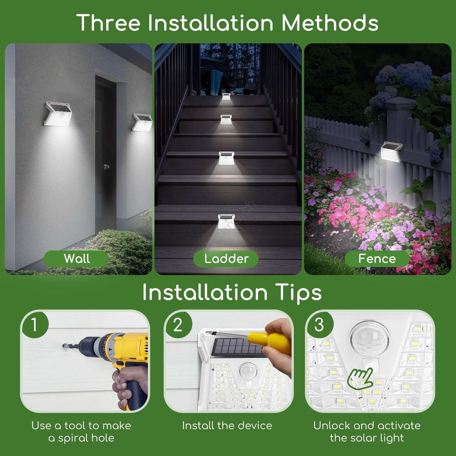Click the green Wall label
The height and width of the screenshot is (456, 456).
click(76, 259)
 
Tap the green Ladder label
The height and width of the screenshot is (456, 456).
click(226, 259)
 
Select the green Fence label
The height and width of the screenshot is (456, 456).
click(377, 259)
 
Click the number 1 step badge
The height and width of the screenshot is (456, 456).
click(34, 324)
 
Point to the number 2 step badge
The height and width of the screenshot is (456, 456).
click(178, 324)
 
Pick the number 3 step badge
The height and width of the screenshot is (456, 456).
click(319, 324)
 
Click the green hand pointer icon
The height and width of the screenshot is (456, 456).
click(360, 378)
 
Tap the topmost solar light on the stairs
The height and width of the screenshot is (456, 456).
click(227, 96)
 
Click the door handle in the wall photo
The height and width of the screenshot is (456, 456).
click(105, 166)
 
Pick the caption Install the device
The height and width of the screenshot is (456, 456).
click(227, 426)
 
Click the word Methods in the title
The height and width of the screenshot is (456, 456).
click(330, 23)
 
